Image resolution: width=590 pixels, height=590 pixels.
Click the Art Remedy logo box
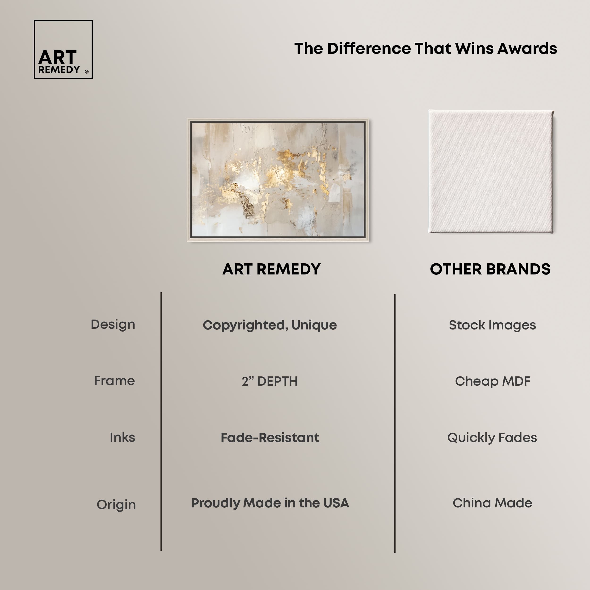63,21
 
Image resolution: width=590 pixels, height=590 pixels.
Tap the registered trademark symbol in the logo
87,72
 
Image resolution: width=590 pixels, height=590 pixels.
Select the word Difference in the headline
369,49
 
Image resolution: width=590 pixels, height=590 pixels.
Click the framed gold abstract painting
278,180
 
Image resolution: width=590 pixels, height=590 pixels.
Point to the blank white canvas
491,171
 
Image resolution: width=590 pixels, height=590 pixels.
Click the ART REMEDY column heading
271,269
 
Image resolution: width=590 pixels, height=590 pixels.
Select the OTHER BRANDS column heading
490,269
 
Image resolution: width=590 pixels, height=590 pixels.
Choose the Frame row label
114,381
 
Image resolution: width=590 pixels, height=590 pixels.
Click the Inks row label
122,437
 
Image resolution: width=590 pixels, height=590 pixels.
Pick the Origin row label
116,505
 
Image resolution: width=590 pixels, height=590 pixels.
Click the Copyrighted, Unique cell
270,325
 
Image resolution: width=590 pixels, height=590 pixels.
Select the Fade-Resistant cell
270,438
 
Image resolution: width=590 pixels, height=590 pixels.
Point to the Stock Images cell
492,325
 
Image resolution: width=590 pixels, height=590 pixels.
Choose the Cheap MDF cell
493,381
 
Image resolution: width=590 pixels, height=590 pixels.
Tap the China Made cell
492,503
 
